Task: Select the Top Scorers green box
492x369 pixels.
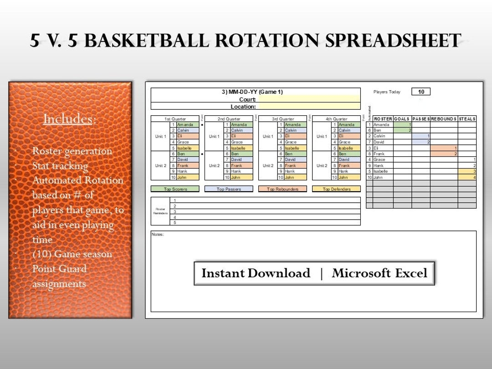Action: click(175, 189)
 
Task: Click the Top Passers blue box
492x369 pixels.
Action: click(229, 189)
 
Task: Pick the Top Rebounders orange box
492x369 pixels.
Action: click(282, 189)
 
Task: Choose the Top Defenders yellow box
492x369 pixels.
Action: click(336, 189)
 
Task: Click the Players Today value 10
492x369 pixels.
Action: click(421, 92)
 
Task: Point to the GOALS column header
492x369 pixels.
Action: click(402, 119)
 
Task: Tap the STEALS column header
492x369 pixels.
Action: click(467, 119)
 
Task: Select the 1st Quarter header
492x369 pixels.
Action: click(175, 119)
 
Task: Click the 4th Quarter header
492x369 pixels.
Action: click(336, 119)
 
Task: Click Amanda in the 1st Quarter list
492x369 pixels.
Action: click(185, 125)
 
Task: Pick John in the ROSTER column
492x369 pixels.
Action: click(378, 177)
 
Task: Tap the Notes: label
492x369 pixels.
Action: click(158, 235)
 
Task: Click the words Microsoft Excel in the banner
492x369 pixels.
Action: click(379, 273)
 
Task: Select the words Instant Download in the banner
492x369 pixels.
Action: click(256, 273)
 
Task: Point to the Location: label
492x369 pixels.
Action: click(243, 107)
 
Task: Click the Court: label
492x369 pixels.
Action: click(247, 99)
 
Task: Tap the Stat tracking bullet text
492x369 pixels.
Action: click(60, 166)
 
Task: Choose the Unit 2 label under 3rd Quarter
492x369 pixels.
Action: click(268, 166)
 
